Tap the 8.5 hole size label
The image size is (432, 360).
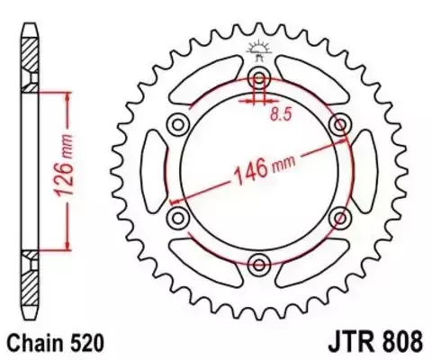(x=282, y=114)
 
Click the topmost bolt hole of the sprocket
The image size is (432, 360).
(x=260, y=75)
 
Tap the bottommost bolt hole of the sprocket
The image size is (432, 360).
(x=260, y=264)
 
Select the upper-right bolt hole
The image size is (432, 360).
(x=341, y=122)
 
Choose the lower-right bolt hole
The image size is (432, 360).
(x=341, y=217)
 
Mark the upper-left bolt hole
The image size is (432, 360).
(x=178, y=122)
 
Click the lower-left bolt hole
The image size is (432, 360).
(x=178, y=217)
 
